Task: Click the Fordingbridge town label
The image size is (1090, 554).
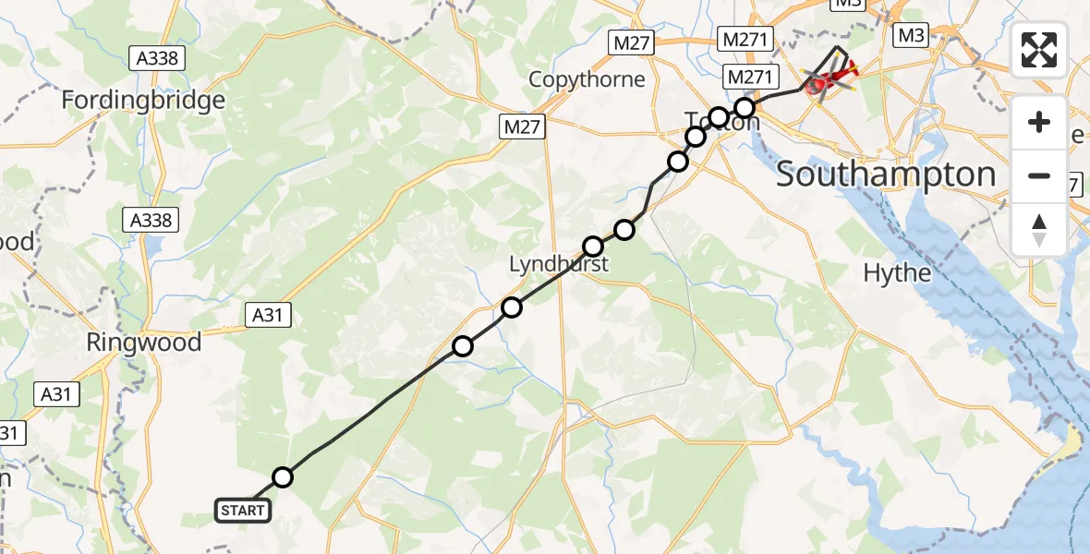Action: (x=143, y=100)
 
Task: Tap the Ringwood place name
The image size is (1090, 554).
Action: (x=143, y=343)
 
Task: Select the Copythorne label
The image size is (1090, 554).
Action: (x=587, y=79)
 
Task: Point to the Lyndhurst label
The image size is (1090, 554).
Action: (x=559, y=265)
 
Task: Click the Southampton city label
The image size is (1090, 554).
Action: (x=886, y=174)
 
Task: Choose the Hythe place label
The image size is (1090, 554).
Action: (x=897, y=272)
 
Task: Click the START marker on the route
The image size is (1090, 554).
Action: (x=243, y=510)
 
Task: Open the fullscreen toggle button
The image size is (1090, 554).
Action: (x=1039, y=51)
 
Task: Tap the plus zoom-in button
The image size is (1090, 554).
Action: (x=1039, y=122)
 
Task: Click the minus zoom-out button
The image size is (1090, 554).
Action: (x=1039, y=175)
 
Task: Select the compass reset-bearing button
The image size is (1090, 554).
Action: (x=1039, y=229)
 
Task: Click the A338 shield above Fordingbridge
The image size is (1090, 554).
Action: (x=160, y=58)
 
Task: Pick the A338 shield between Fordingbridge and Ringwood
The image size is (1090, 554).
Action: (x=151, y=220)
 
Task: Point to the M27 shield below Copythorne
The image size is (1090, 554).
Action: (x=523, y=127)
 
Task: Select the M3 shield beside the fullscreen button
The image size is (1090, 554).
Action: (x=910, y=35)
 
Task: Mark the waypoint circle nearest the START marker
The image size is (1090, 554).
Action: (x=283, y=476)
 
